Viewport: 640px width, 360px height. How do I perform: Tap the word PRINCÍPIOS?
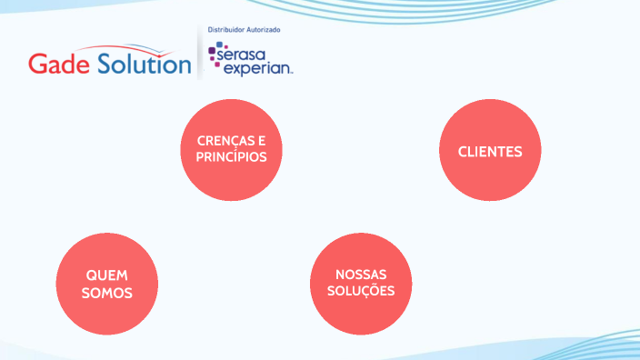(231, 156)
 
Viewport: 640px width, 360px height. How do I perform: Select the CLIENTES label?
(490, 151)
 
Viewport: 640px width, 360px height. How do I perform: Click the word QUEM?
(107, 275)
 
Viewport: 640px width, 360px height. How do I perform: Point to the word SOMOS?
(107, 293)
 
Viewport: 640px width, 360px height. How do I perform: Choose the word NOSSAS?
(361, 275)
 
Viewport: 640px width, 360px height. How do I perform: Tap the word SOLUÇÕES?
(361, 292)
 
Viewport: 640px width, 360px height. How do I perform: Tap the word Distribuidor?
(228, 30)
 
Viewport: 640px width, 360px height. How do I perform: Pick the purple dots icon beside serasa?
(215, 54)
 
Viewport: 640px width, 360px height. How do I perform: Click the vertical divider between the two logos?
(199, 53)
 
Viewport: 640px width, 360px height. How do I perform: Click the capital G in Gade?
(36, 65)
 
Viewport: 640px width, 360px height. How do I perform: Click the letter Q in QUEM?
(92, 275)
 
